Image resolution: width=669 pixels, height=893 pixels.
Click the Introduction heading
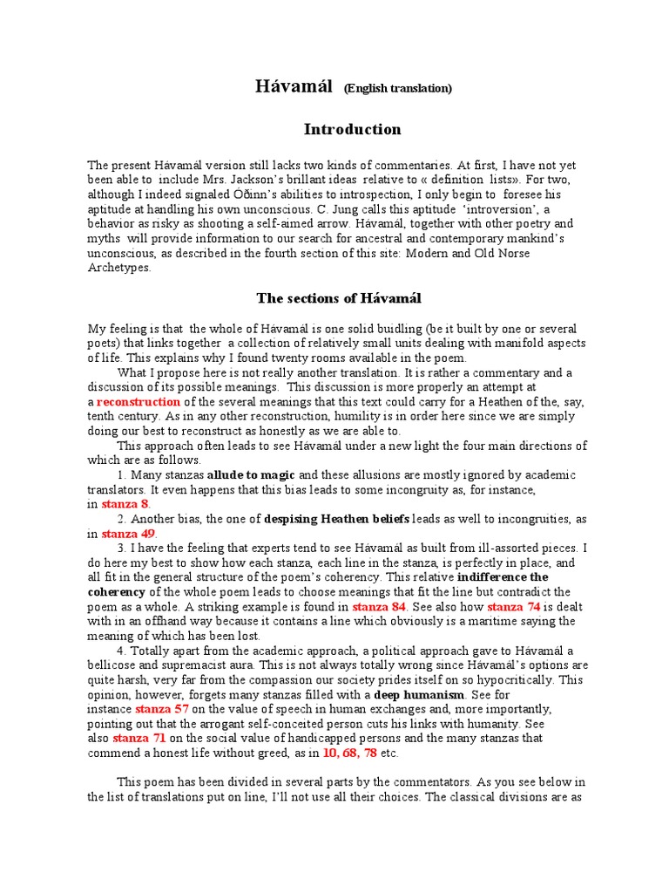tap(352, 129)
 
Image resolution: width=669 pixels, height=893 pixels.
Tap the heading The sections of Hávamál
tap(339, 298)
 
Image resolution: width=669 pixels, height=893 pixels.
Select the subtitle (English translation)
tap(397, 88)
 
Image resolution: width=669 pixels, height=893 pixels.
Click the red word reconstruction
tap(139, 401)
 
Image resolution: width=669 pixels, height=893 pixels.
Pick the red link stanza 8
tap(125, 504)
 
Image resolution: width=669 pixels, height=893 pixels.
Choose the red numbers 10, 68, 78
tap(342, 753)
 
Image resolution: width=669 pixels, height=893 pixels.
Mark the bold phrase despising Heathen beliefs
tap(335, 519)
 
